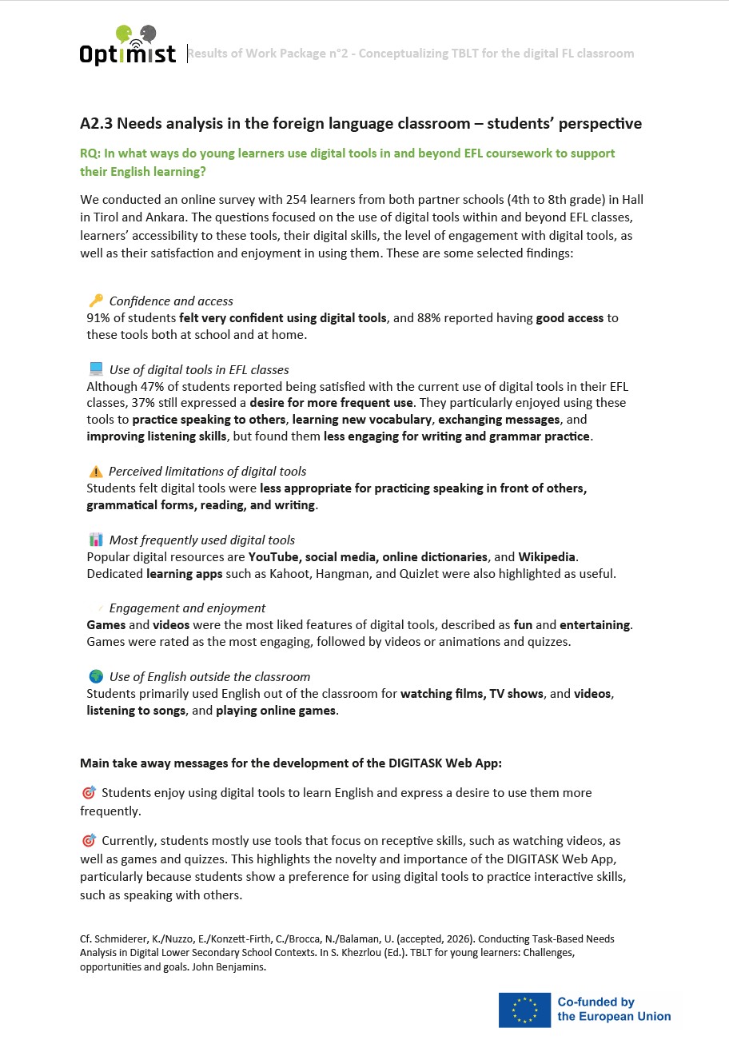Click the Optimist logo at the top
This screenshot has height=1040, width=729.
coord(128,46)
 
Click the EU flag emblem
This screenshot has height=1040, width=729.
coord(524,1010)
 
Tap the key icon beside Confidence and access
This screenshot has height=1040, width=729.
coord(96,301)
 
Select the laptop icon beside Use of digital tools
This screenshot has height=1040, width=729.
coord(96,369)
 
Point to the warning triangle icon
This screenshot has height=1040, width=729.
coord(96,472)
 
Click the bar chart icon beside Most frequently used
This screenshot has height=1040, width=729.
coord(96,540)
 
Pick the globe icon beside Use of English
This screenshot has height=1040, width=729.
coord(96,676)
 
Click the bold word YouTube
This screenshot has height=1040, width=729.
coord(273,556)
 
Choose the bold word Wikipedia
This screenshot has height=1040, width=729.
coord(547,556)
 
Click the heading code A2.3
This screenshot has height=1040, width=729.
coord(97,123)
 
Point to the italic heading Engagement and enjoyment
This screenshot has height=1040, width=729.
coord(187,608)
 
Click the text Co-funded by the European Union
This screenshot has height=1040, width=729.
coord(614,1010)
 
